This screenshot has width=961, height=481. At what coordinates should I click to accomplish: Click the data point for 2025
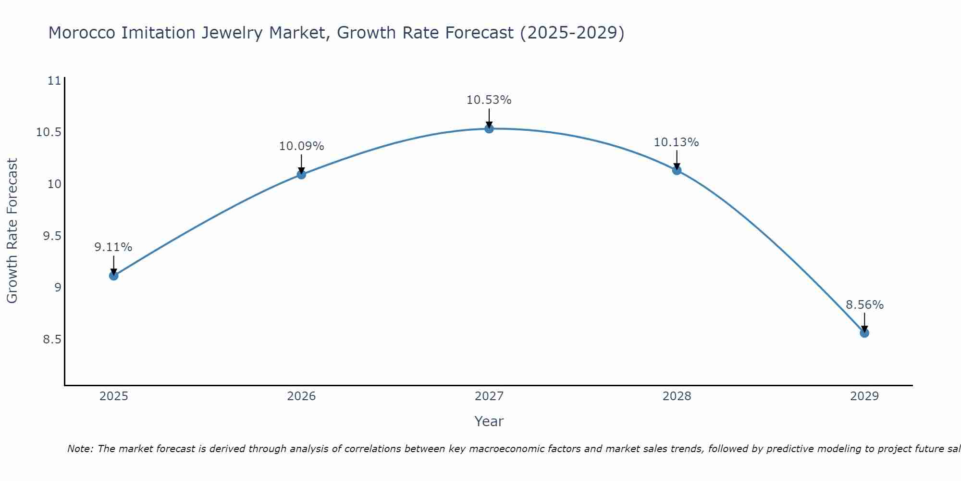click(114, 276)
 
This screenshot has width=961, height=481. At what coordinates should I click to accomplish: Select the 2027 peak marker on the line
click(489, 128)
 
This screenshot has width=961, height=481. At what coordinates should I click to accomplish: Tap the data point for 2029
click(864, 333)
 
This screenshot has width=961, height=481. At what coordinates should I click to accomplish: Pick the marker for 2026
click(301, 174)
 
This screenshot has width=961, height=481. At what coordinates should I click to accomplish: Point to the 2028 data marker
click(677, 170)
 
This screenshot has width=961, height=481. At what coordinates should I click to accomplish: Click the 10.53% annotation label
click(489, 100)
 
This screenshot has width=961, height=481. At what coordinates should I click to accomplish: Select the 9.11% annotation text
click(113, 247)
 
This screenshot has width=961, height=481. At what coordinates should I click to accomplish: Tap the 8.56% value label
click(864, 305)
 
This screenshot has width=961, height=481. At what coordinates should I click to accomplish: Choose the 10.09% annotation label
click(301, 146)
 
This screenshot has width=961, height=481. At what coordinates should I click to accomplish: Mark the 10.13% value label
click(677, 142)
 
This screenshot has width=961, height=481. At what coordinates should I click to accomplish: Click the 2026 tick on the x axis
click(301, 396)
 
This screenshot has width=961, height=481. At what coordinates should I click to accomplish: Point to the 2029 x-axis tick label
click(864, 396)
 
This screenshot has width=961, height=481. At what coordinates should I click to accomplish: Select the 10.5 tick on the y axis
click(49, 132)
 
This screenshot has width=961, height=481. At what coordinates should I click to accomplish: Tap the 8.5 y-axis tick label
click(52, 340)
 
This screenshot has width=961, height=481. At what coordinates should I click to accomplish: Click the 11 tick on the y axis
click(55, 80)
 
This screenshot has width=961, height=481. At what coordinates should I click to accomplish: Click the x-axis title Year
click(489, 421)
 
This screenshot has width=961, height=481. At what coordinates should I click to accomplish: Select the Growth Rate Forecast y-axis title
click(12, 231)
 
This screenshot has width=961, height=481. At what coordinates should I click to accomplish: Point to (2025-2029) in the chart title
click(572, 33)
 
